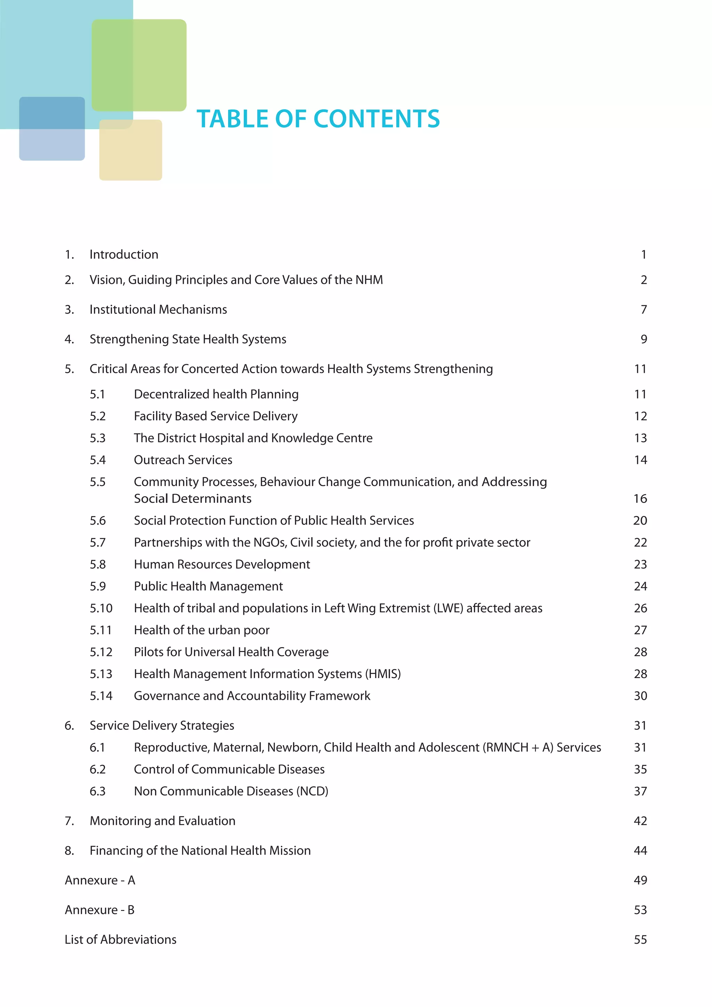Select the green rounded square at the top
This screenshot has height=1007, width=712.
[x=139, y=65]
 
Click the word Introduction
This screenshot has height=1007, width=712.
[x=124, y=255]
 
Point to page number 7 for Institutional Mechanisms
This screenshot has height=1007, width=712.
[x=644, y=309]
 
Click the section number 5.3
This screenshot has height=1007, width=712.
[x=98, y=438]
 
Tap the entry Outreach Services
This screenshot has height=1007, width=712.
[x=183, y=460]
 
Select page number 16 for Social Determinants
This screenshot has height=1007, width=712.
[x=640, y=499]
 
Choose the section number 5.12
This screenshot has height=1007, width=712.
[x=101, y=652]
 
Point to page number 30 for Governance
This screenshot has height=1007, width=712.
[x=640, y=696]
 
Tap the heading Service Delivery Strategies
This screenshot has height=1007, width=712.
[x=162, y=726]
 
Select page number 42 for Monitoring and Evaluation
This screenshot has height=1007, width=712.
[x=640, y=821]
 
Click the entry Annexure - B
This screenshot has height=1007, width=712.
[x=99, y=910]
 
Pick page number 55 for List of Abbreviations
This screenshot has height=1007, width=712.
[x=640, y=940]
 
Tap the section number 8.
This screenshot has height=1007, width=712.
[x=69, y=851]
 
